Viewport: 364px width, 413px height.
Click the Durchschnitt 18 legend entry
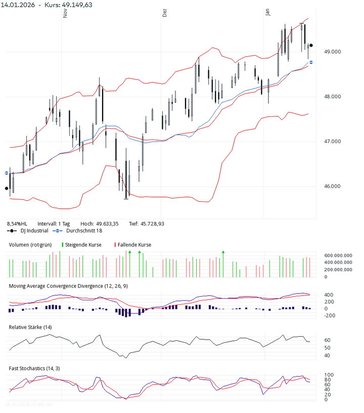click(x=85, y=231)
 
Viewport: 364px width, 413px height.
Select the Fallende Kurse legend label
click(x=134, y=245)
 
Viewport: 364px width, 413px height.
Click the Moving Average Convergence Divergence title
click(x=68, y=286)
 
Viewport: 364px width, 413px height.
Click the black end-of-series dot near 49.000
click(x=311, y=45)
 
